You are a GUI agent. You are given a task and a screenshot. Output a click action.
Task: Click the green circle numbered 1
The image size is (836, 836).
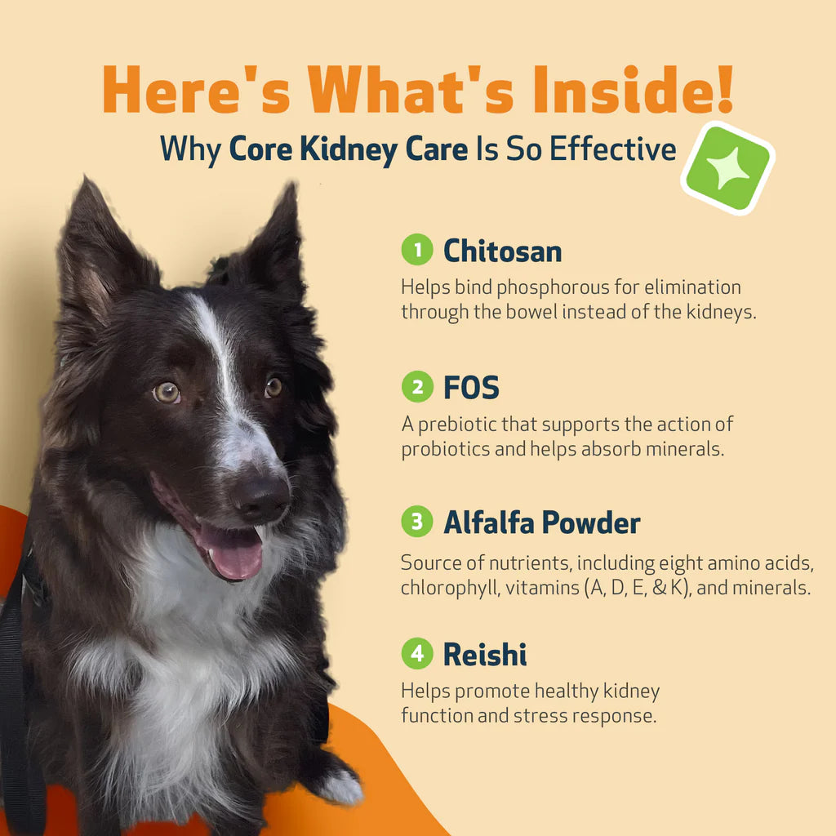point(417,251)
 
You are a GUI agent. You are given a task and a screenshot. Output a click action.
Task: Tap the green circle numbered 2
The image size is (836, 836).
point(417,387)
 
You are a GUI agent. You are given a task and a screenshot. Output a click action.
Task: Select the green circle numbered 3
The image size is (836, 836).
point(417,522)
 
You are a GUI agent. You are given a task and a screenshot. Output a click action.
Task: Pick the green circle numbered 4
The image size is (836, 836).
point(417,654)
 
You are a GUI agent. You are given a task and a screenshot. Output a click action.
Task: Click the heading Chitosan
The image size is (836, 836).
point(502,251)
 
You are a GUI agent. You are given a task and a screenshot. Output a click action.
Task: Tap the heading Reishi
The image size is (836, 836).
point(485,654)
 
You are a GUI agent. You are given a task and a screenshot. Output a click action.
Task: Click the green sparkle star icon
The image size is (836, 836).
point(727,168)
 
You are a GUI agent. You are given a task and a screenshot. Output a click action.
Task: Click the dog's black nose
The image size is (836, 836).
point(263,496)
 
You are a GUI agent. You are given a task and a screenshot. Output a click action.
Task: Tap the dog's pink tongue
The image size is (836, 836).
point(235,554)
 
